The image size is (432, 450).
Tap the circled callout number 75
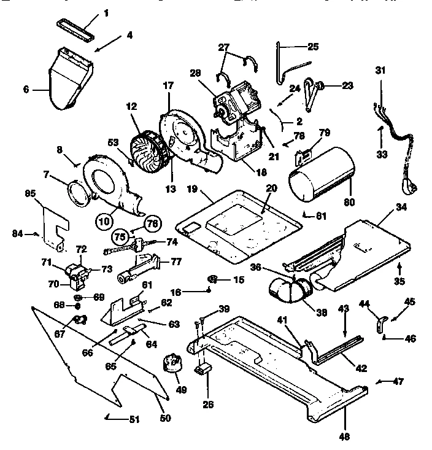point(120,235)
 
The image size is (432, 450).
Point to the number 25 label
point(313,47)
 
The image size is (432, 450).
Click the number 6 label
point(26,88)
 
